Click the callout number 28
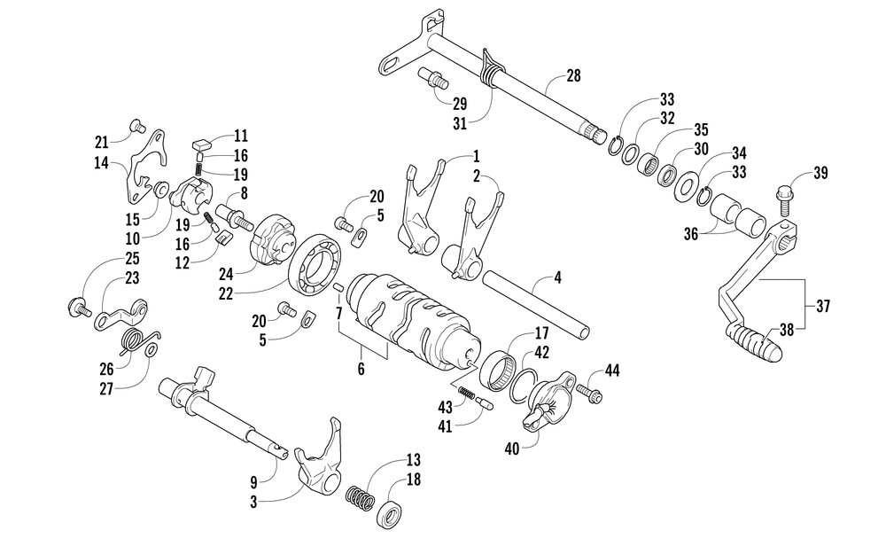[x=573, y=76]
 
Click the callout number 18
[x=414, y=479]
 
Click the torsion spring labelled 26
[x=136, y=339]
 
